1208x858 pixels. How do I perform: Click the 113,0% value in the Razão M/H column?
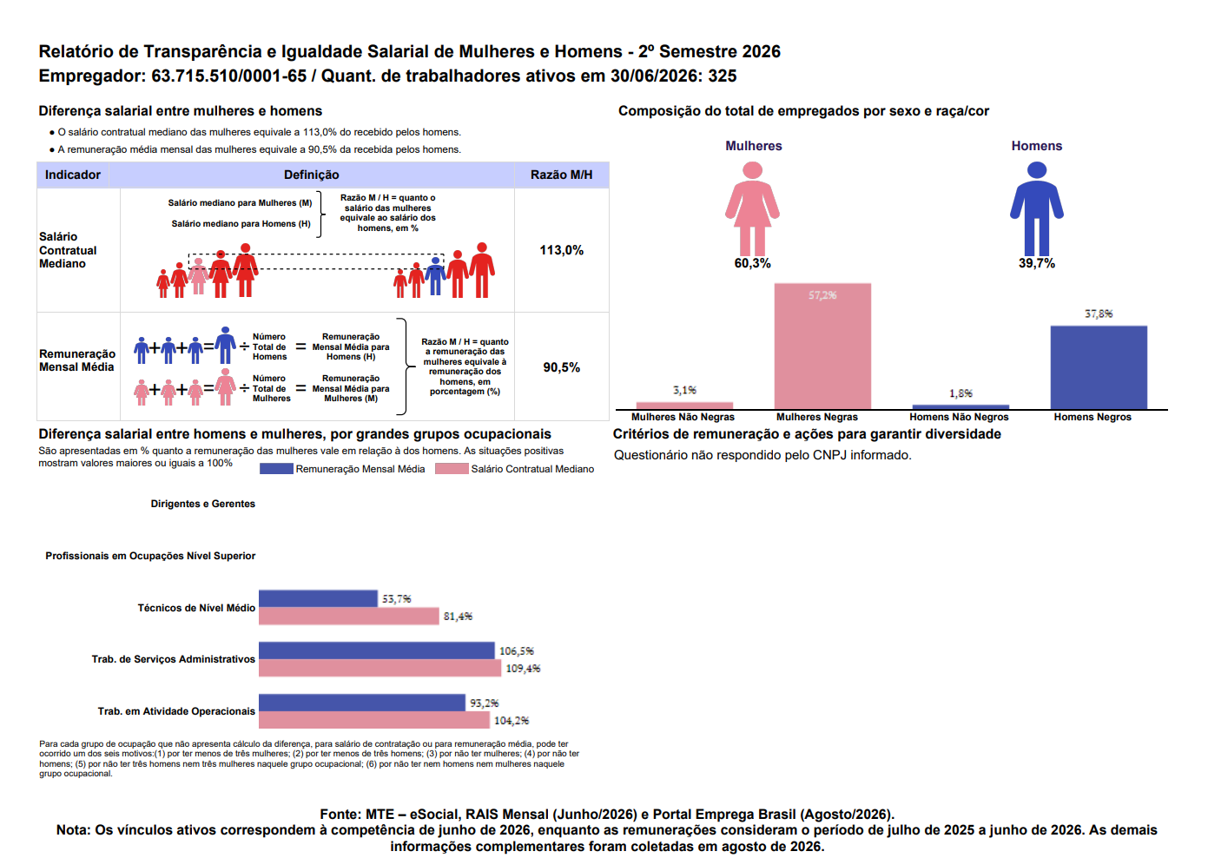561,250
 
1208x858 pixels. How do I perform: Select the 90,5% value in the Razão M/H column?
561,367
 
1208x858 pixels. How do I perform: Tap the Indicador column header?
72,175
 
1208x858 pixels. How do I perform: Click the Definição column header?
311,175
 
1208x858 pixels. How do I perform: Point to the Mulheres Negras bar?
822,346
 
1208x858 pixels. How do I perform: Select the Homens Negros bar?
1099,367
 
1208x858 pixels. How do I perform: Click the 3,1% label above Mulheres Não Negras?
684,390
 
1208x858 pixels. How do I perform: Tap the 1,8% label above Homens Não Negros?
960,393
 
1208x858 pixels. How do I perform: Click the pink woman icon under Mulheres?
752,209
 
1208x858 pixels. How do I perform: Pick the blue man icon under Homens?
1037,209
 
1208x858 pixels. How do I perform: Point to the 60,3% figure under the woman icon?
752,263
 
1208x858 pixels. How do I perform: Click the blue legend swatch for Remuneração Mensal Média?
276,469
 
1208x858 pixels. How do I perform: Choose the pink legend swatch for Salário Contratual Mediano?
452,469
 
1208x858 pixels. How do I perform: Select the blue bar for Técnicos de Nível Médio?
318,598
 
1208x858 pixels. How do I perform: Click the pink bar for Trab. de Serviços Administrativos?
380,668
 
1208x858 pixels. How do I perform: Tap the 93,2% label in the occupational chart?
485,703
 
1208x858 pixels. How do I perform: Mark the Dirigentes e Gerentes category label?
202,504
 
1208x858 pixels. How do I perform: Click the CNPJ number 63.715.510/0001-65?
228,76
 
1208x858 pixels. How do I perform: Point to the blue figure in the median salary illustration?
435,276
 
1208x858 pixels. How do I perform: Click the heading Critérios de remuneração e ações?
807,434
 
